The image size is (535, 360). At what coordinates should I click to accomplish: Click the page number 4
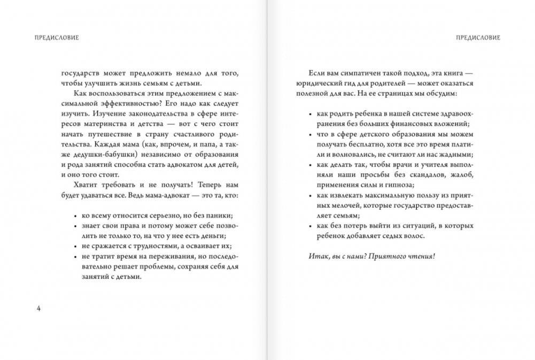pyautogui.click(x=38, y=309)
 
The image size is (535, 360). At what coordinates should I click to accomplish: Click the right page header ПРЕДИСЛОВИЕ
pyautogui.click(x=478, y=37)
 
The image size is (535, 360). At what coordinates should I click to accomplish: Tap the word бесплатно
pyautogui.click(x=366, y=144)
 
